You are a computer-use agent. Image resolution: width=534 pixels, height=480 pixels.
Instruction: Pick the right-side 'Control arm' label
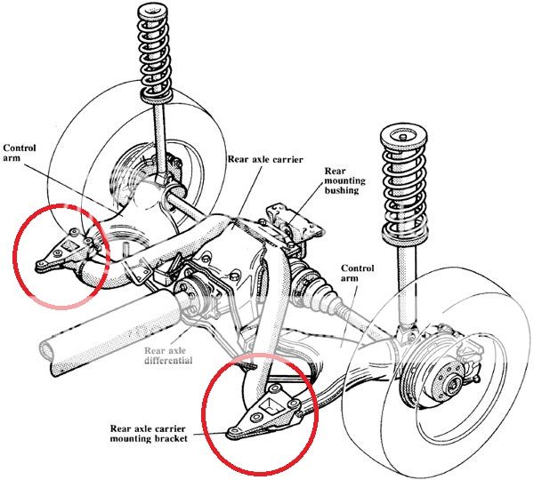(357, 274)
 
